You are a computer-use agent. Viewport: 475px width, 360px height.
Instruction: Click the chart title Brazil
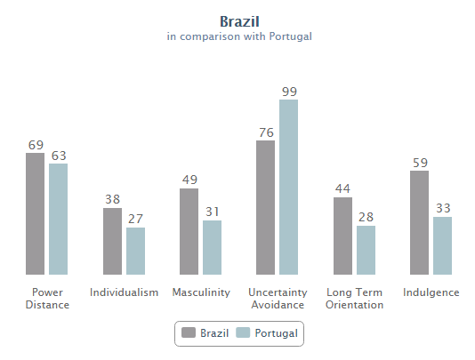[x=239, y=20]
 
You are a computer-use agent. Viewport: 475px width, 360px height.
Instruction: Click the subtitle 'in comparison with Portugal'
[x=239, y=37]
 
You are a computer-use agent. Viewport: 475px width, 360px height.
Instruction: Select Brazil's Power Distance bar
[x=35, y=214]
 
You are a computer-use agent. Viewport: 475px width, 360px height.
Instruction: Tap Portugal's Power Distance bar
[x=58, y=219]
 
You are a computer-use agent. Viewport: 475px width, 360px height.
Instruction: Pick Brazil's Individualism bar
[x=112, y=241]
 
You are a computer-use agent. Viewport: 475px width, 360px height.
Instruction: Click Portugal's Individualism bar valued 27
[x=135, y=251]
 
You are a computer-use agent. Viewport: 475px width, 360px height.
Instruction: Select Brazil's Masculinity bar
[x=189, y=231]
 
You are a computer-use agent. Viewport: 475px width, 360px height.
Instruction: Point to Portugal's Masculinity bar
[x=212, y=247]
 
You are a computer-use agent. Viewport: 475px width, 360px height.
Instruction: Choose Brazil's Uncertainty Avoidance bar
[x=265, y=208]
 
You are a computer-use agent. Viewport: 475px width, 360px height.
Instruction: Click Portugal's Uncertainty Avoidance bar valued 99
[x=288, y=187]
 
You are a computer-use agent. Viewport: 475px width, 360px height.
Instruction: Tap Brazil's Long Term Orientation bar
[x=342, y=236]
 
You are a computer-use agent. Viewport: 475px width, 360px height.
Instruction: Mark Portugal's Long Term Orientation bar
[x=366, y=250]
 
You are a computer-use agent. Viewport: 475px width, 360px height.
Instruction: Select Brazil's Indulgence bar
[x=419, y=222]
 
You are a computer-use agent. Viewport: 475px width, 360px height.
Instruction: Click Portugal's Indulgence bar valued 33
[x=442, y=245]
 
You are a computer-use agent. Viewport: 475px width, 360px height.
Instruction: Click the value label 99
[x=288, y=91]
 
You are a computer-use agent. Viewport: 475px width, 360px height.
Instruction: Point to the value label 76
[x=265, y=132]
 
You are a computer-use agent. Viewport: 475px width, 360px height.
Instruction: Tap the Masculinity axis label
[x=201, y=292]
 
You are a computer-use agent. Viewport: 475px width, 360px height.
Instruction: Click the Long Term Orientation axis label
[x=355, y=299]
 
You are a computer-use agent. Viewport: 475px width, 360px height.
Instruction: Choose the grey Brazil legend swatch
[x=189, y=333]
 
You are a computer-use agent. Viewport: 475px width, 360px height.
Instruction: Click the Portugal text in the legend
[x=276, y=333]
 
